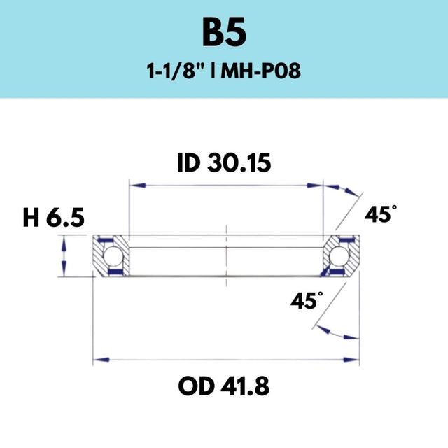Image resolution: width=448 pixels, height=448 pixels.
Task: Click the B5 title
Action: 224,32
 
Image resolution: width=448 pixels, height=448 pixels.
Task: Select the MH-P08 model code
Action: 260,71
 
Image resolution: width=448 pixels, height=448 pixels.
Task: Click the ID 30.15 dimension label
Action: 224,162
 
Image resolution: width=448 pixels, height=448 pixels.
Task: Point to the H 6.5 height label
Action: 53,218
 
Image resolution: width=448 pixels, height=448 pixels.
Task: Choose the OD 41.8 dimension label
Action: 224,386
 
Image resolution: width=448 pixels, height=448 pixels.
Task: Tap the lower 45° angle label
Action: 307,300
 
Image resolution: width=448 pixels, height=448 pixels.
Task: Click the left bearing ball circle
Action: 113,255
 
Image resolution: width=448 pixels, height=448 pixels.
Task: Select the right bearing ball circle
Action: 338,255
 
